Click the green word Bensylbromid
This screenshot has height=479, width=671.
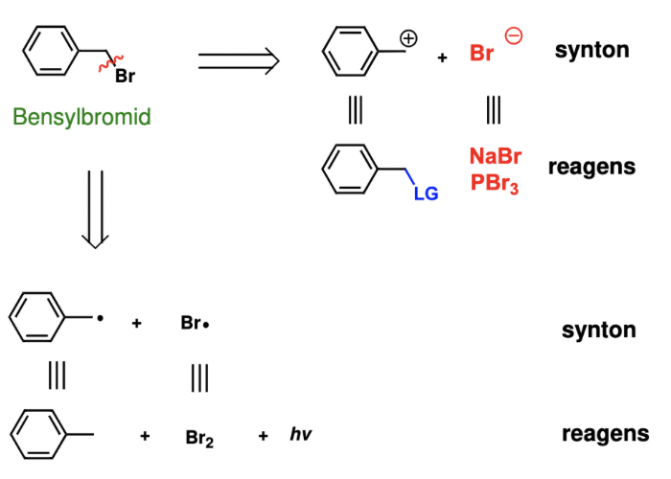point(81,118)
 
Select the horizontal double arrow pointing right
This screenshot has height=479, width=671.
point(238,62)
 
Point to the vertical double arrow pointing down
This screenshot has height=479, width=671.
point(93,209)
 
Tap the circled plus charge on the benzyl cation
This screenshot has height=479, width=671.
point(408,39)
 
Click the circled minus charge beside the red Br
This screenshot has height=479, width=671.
point(514,37)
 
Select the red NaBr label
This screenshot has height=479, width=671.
point(496,156)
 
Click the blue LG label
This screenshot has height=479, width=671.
point(426,194)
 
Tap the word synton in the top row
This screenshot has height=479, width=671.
point(591,50)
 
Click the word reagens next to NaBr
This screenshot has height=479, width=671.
point(591,167)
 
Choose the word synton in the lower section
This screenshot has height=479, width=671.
point(599,331)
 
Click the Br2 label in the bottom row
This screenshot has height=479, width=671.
point(199,438)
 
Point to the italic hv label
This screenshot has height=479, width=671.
point(301,435)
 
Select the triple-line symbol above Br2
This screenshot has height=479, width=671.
point(199,378)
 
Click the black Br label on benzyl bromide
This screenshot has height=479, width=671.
point(127,78)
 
